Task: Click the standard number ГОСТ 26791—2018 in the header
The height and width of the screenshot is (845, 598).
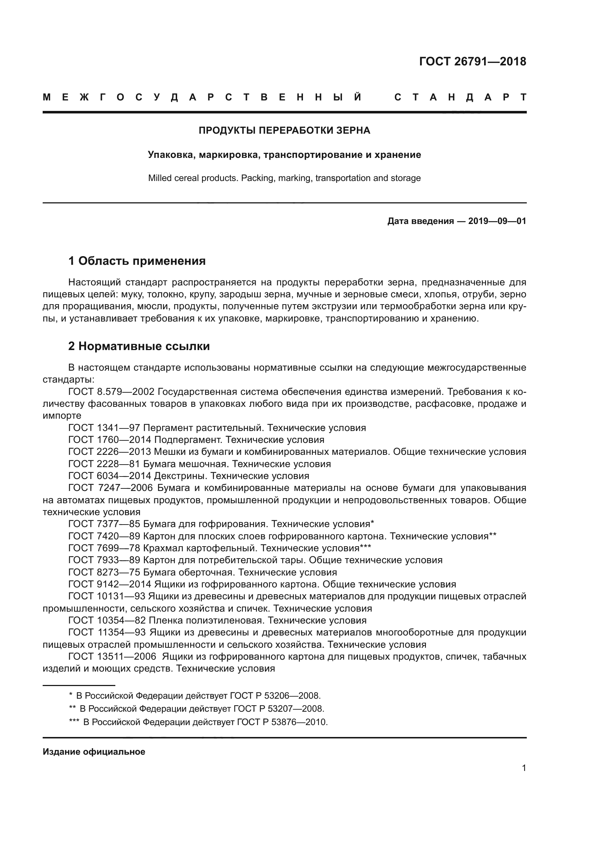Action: pos(473,61)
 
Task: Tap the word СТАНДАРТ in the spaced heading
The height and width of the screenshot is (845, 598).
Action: pos(460,98)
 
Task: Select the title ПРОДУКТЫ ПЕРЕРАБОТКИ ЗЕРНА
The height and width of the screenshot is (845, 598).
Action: pos(284,130)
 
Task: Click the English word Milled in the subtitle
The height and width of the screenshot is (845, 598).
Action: pos(160,178)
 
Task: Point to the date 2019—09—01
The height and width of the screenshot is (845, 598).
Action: pos(497,221)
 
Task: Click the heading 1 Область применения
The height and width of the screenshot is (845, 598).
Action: pos(137,261)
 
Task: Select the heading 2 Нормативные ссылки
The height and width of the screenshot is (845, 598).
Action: pos(139,346)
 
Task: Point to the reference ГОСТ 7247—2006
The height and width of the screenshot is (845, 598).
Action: pos(111,488)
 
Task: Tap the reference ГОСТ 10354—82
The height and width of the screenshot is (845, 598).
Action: pos(107,621)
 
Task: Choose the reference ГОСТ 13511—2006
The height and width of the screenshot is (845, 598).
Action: pos(113,656)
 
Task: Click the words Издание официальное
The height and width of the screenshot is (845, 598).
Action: pos(94,751)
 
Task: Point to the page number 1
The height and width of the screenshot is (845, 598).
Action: pos(524,768)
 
